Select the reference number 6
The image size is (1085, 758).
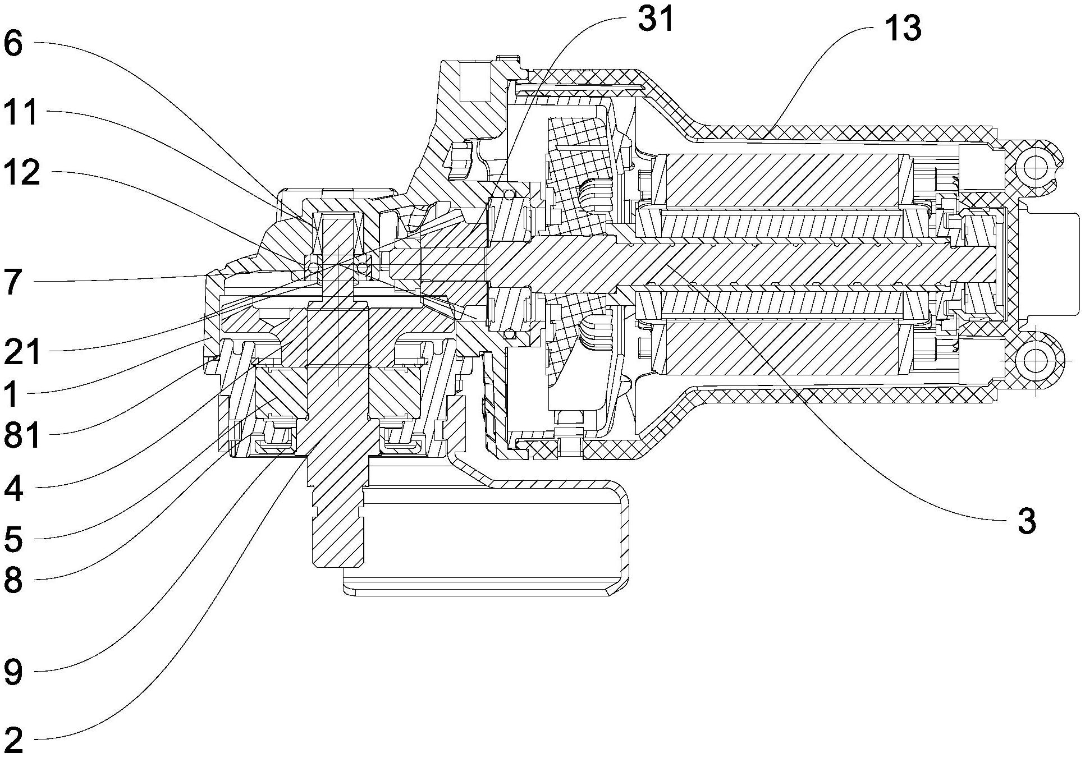(x=13, y=44)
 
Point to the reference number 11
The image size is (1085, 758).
(x=21, y=112)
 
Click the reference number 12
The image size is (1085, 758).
(x=21, y=173)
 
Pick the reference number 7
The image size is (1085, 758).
(x=13, y=281)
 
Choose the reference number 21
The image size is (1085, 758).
(x=21, y=352)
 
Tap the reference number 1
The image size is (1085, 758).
(x=13, y=395)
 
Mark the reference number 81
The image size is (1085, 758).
(x=21, y=436)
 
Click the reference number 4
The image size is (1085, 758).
(x=13, y=488)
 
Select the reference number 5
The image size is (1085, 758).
(x=13, y=539)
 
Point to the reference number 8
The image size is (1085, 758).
(x=13, y=581)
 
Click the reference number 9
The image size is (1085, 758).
(x=13, y=672)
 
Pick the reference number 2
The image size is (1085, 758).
(x=13, y=741)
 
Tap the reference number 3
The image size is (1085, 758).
(x=1027, y=521)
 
